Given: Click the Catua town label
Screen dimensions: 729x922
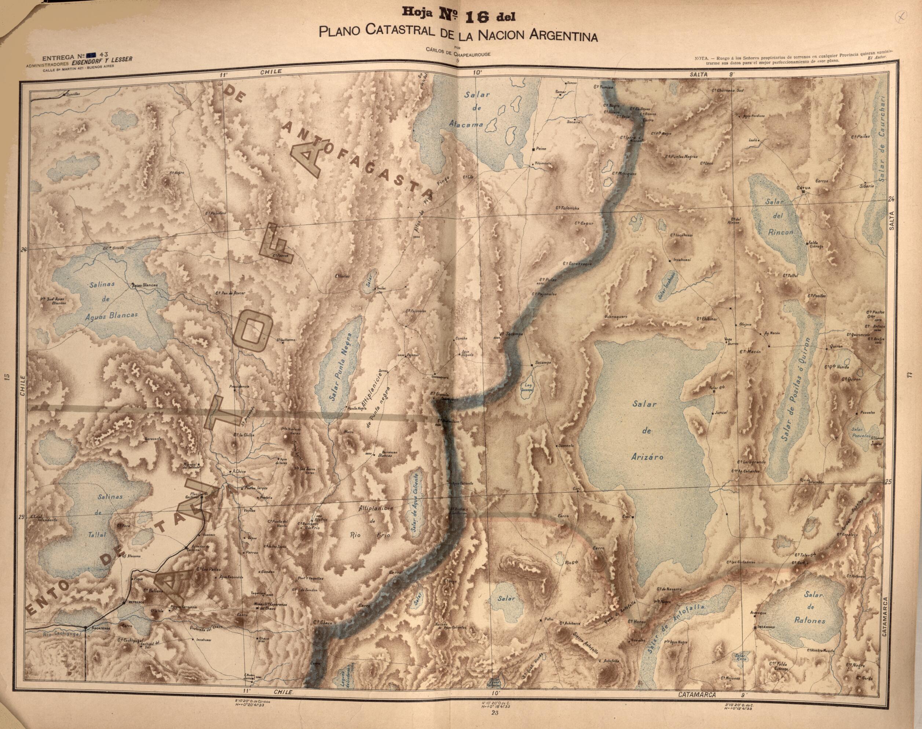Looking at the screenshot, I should (x=803, y=188).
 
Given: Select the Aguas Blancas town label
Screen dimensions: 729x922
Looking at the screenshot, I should (x=145, y=285).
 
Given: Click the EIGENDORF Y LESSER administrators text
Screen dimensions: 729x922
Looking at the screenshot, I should (x=102, y=60).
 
